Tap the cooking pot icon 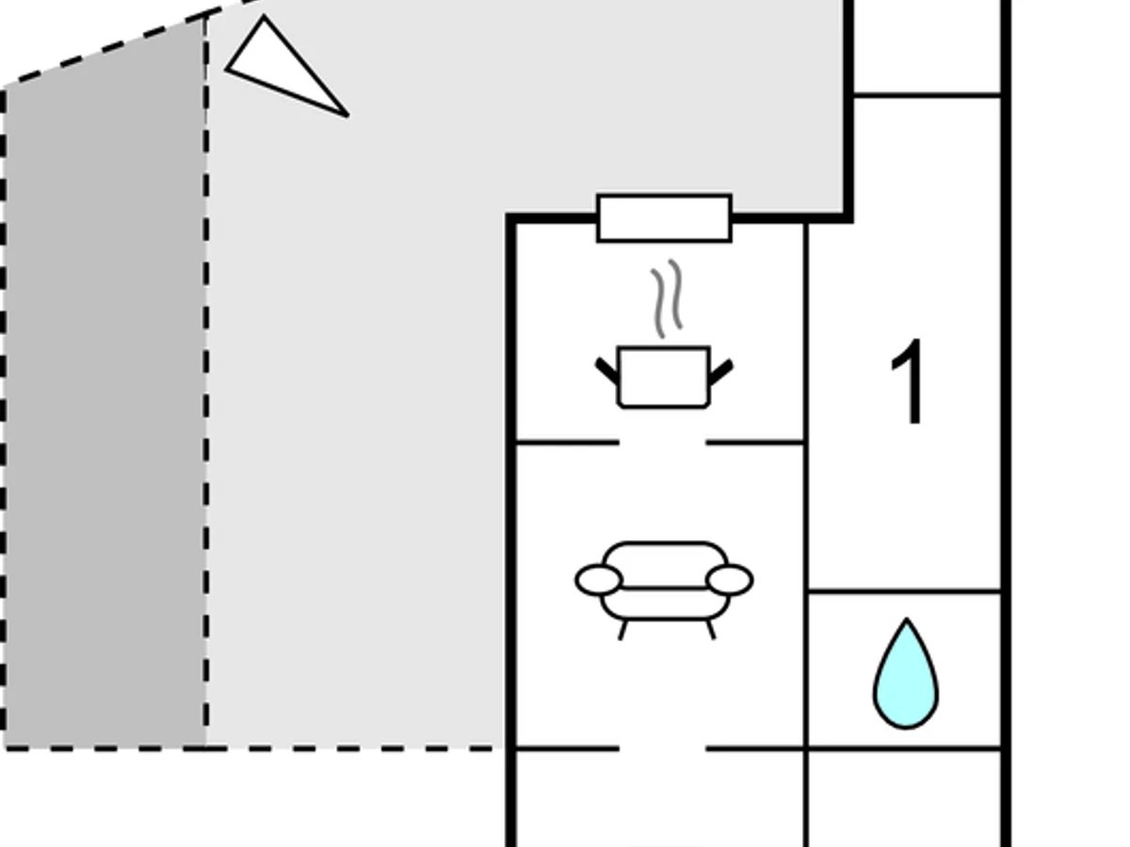click(664, 377)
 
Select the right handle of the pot click(721, 371)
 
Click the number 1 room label click(910, 383)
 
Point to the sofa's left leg click(622, 630)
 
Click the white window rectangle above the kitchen click(664, 218)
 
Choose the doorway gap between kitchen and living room click(662, 441)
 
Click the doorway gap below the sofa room click(662, 749)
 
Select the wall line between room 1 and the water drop click(904, 591)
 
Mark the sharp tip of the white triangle click(346, 115)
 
